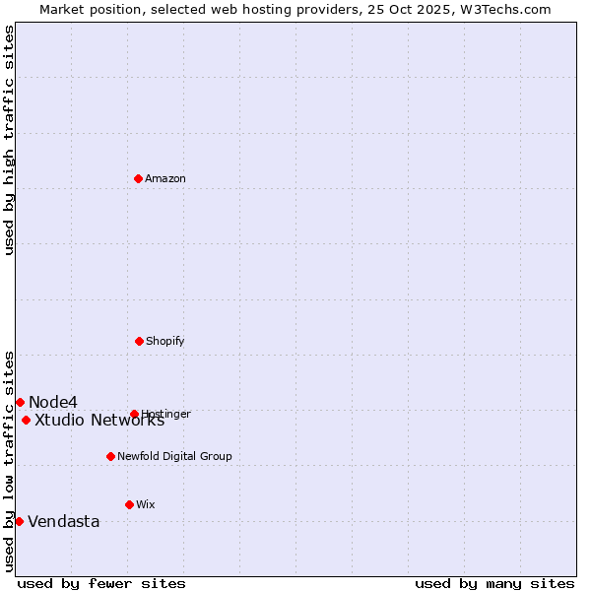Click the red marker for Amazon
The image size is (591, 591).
pyautogui.click(x=138, y=178)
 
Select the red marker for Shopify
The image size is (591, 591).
pyautogui.click(x=139, y=341)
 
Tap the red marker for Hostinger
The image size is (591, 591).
pyautogui.click(x=134, y=414)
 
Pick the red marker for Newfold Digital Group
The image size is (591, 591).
pyautogui.click(x=110, y=456)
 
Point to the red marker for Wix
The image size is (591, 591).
pyautogui.click(x=129, y=504)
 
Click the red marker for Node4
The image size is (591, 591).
pyautogui.click(x=20, y=402)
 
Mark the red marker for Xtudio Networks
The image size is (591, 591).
pyautogui.click(x=26, y=420)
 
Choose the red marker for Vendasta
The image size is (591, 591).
pyautogui.click(x=19, y=521)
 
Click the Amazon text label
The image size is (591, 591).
pyautogui.click(x=165, y=179)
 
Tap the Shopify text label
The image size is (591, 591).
pyautogui.click(x=165, y=342)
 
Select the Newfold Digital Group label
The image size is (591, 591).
pyautogui.click(x=174, y=457)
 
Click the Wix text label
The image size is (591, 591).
pyautogui.click(x=146, y=505)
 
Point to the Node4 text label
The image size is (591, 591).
pyautogui.click(x=53, y=402)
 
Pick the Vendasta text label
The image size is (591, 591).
pyautogui.click(x=64, y=522)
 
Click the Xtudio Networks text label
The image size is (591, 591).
pyautogui.click(x=99, y=421)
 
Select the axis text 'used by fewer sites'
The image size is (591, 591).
pyautogui.click(x=101, y=583)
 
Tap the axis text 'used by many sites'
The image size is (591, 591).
pyautogui.click(x=494, y=583)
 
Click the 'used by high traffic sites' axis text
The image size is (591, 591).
pyautogui.click(x=9, y=140)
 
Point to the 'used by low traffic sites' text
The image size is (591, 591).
pyautogui.click(x=9, y=461)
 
